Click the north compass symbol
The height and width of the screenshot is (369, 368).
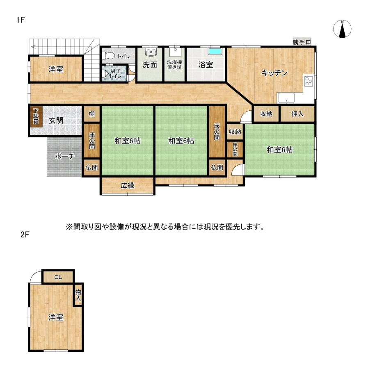[342, 29]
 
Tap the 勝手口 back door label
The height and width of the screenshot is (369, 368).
[302, 42]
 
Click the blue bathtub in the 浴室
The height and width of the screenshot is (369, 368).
[215, 52]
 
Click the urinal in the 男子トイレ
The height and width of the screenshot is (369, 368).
[106, 74]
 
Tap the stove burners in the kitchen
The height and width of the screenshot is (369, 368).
[309, 82]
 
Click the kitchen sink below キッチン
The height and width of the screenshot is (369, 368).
[286, 98]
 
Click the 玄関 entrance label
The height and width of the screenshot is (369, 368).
[56, 121]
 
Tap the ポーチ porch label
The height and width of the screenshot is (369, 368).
[64, 156]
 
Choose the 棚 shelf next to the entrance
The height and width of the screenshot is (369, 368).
[92, 114]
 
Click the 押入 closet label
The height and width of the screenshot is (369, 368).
[297, 114]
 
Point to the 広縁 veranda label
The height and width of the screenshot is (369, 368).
[128, 185]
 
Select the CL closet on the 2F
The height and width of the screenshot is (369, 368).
[58, 277]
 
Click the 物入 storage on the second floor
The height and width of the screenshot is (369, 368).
[78, 295]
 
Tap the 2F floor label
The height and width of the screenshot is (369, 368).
[25, 235]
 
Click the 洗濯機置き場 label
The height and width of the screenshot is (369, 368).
[174, 65]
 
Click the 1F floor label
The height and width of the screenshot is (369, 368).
[21, 20]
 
